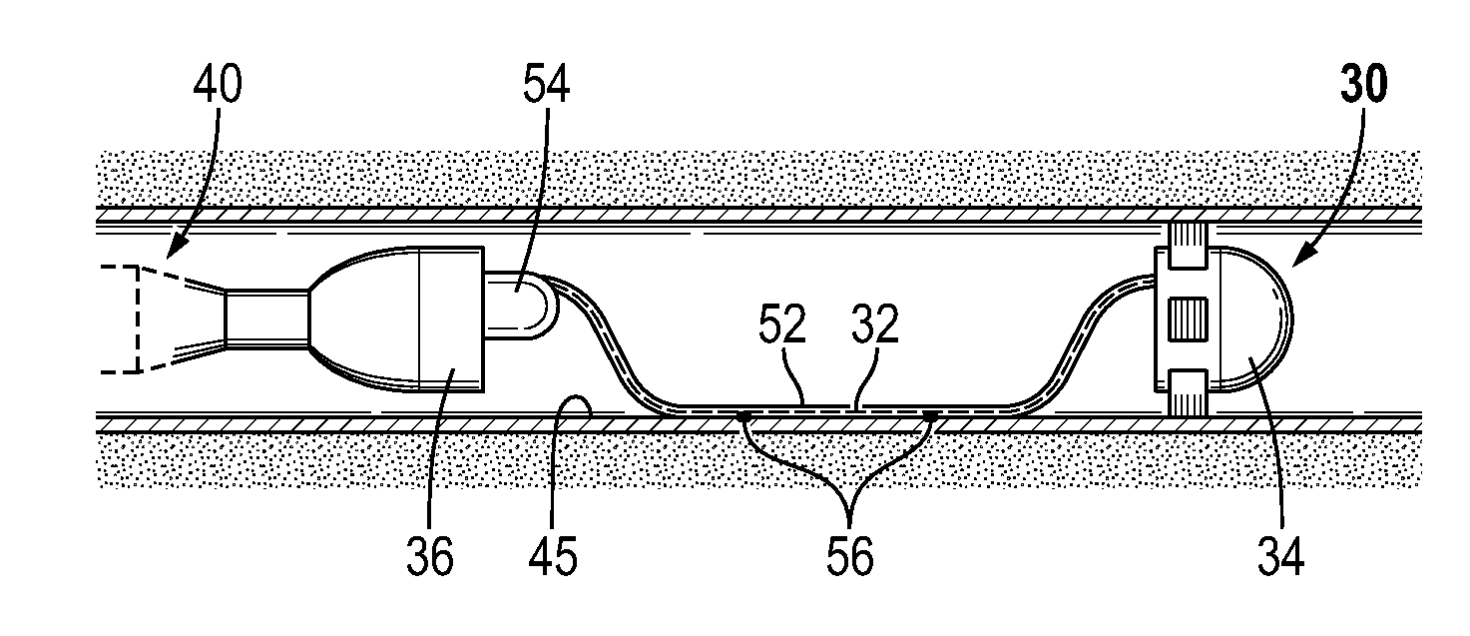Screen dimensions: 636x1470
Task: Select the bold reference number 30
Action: (x=1361, y=88)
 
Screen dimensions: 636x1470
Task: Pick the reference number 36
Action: (x=430, y=555)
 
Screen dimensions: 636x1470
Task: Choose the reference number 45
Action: (x=552, y=555)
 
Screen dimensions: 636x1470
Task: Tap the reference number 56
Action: (x=849, y=555)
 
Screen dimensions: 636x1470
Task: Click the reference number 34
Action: (x=1279, y=555)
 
